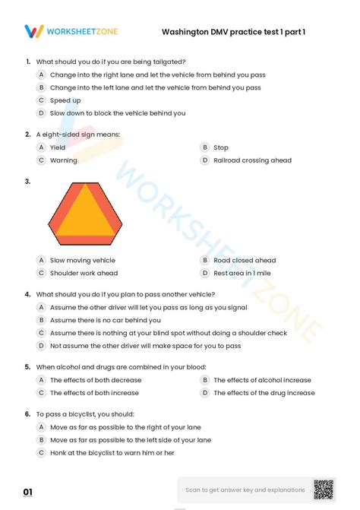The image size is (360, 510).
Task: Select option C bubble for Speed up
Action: tap(42, 100)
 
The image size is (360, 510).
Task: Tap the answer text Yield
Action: tap(58, 147)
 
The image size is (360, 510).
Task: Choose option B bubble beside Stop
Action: tap(205, 147)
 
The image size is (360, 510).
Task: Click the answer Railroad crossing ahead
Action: tap(252, 160)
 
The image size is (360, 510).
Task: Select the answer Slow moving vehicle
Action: tap(82, 260)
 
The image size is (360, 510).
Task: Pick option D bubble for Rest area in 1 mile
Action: tap(205, 273)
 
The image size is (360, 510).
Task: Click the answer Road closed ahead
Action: tap(245, 260)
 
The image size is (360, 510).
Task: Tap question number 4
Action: tap(27, 294)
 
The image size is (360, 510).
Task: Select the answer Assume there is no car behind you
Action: tap(106, 320)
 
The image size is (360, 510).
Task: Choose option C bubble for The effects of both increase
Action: tap(42, 393)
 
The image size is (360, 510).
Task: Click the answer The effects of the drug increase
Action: tap(264, 393)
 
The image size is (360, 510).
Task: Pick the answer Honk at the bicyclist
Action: tap(112, 453)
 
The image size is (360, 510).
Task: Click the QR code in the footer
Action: tap(324, 489)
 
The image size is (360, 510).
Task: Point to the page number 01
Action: tap(28, 493)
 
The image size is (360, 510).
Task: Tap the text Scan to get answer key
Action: tap(245, 490)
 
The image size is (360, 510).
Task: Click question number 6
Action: tap(27, 414)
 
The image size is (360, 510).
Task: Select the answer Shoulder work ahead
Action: tap(84, 273)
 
